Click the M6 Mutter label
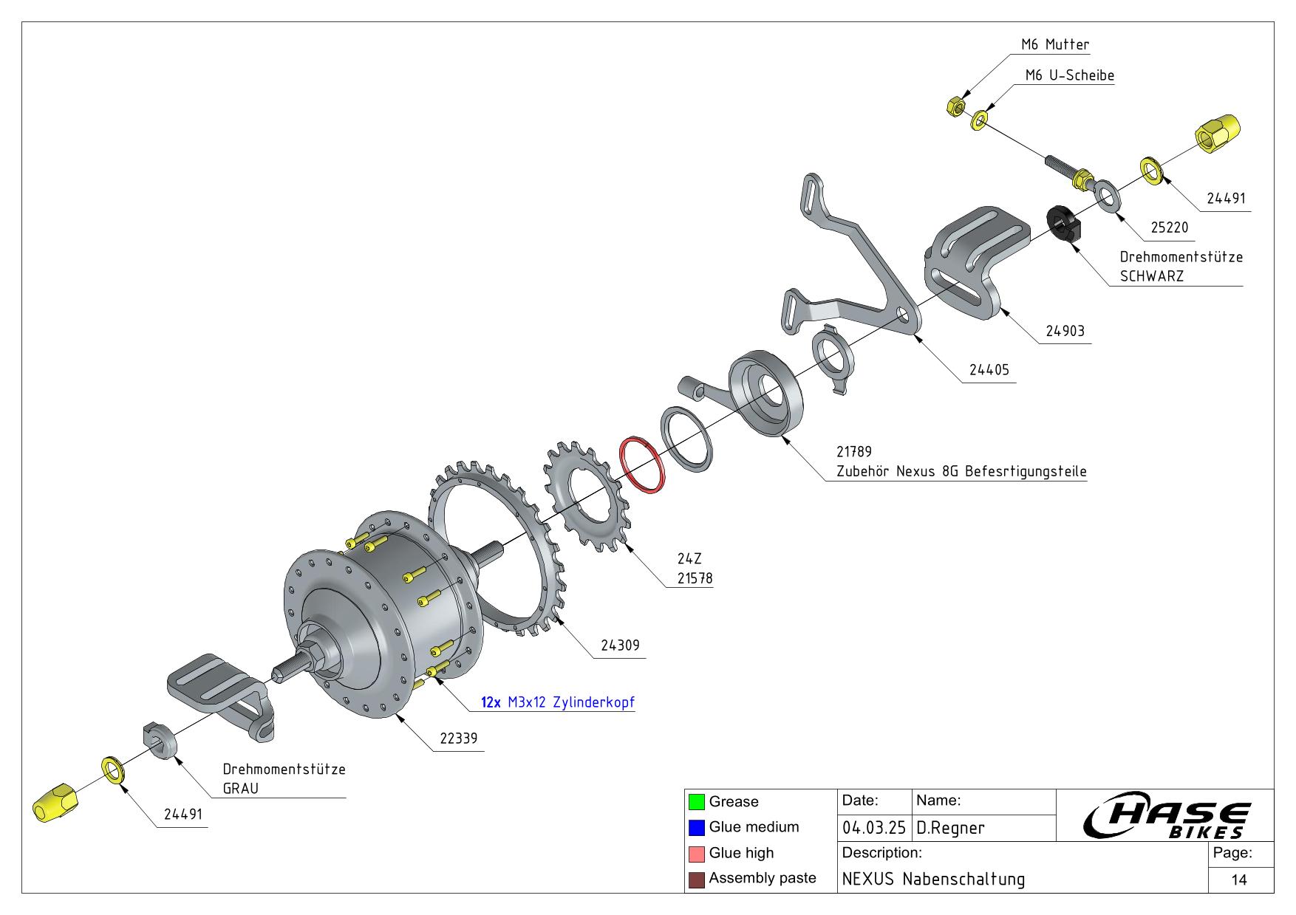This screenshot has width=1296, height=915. pyautogui.click(x=1054, y=45)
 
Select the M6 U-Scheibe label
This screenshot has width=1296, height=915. pyautogui.click(x=1069, y=76)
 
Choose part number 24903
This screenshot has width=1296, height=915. pyautogui.click(x=1065, y=332)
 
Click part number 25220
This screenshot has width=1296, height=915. pyautogui.click(x=1170, y=228)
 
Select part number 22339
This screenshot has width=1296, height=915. pyautogui.click(x=458, y=738)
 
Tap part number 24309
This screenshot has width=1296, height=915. pyautogui.click(x=619, y=645)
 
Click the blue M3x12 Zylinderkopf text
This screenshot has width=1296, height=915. pyautogui.click(x=570, y=702)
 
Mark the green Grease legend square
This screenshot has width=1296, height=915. pyautogui.click(x=696, y=802)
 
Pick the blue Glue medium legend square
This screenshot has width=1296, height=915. pyautogui.click(x=696, y=828)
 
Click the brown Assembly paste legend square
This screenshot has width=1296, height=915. pyautogui.click(x=696, y=880)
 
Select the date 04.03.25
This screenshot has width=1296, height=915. pyautogui.click(x=873, y=828)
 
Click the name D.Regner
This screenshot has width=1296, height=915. pyautogui.click(x=950, y=828)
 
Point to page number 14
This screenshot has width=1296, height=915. pyautogui.click(x=1239, y=880)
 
